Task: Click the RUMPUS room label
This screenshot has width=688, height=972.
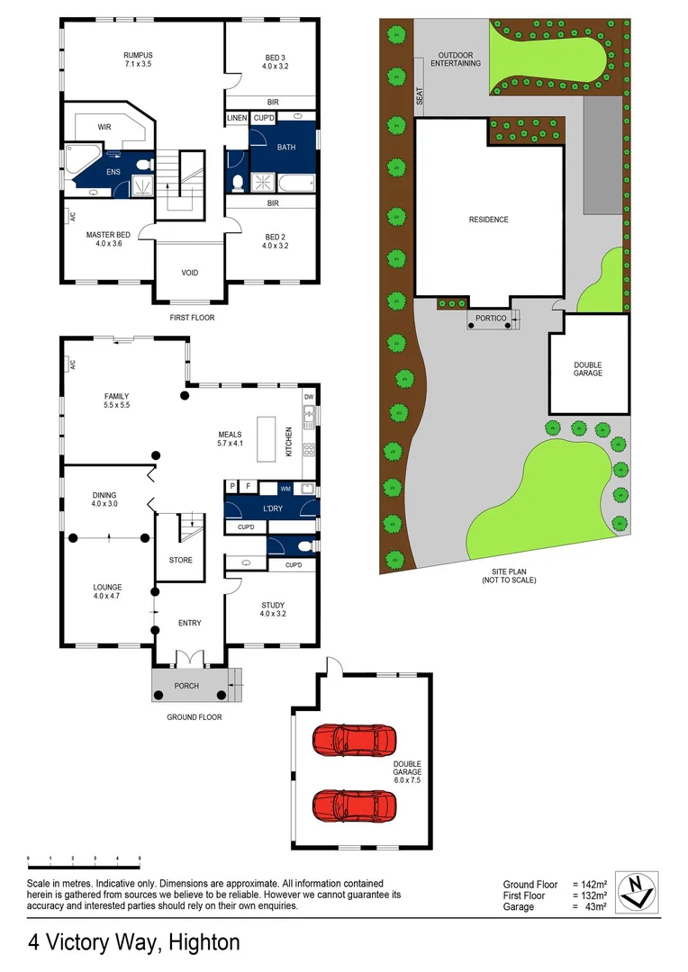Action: coord(139,55)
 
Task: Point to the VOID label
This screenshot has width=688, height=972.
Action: coord(190,273)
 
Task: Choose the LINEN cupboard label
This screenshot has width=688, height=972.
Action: coord(237,118)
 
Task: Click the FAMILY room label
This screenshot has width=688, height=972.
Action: coord(116,396)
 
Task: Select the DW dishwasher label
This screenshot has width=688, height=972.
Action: coord(308,397)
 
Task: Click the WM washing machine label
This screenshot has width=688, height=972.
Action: coord(285,488)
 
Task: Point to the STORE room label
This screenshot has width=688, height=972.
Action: coord(181,560)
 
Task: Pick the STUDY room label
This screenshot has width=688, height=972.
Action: coord(273,605)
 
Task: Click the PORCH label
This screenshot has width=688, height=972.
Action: coord(186,687)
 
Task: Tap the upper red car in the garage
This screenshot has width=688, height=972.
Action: coord(353,740)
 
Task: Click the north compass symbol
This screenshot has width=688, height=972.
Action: coord(641,892)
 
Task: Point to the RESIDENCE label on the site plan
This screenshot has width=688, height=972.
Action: coord(489,220)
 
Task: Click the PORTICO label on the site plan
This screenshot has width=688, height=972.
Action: coord(487,318)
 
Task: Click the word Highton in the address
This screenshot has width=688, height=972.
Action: coord(204,943)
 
